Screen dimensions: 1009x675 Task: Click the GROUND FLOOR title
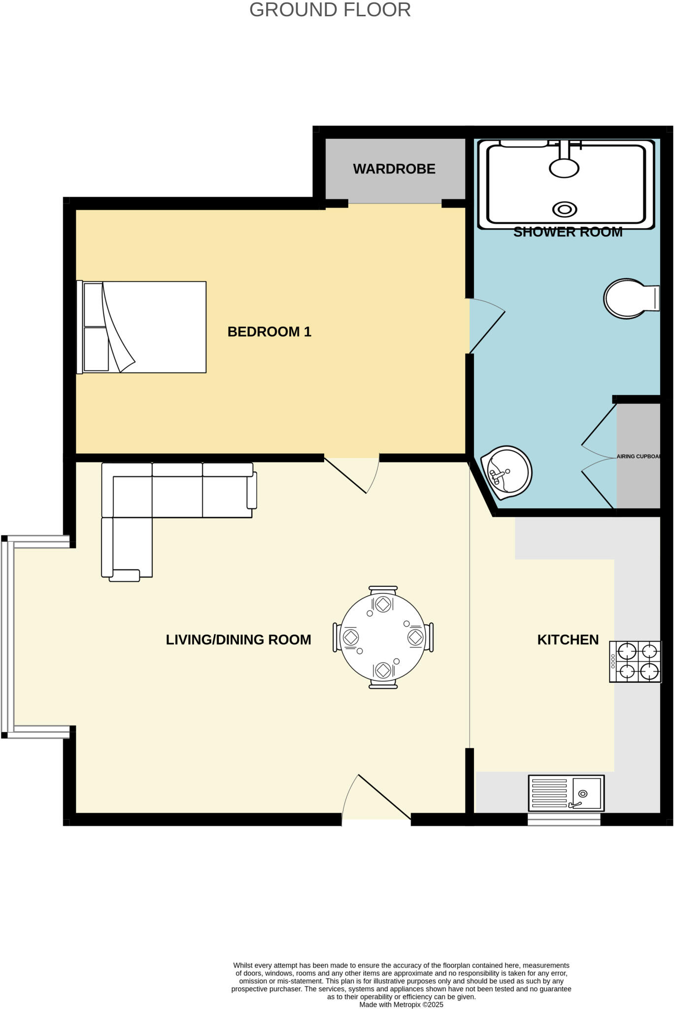coord(330,10)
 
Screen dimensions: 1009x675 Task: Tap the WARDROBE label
coord(394,169)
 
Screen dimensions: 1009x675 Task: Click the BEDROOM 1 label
coord(269,332)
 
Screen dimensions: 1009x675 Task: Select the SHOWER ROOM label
coord(568,232)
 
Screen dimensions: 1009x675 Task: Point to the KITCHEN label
coord(568,639)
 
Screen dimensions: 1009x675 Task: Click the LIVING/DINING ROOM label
coord(238,639)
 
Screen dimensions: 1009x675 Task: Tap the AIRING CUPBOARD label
coord(638,456)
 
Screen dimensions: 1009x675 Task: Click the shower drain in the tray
coord(565,209)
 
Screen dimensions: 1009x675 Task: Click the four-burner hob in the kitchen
coord(635,662)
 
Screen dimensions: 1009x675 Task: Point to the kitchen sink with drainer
coord(566,793)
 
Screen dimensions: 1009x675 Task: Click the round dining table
coord(383,637)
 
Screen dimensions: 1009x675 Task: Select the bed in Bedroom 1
coord(142,327)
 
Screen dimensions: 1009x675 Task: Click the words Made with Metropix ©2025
coord(401,1005)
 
